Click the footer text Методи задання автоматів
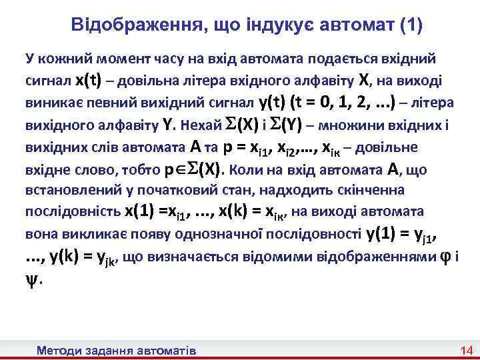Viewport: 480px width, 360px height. [117, 349]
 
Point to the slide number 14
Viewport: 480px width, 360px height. [465, 349]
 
